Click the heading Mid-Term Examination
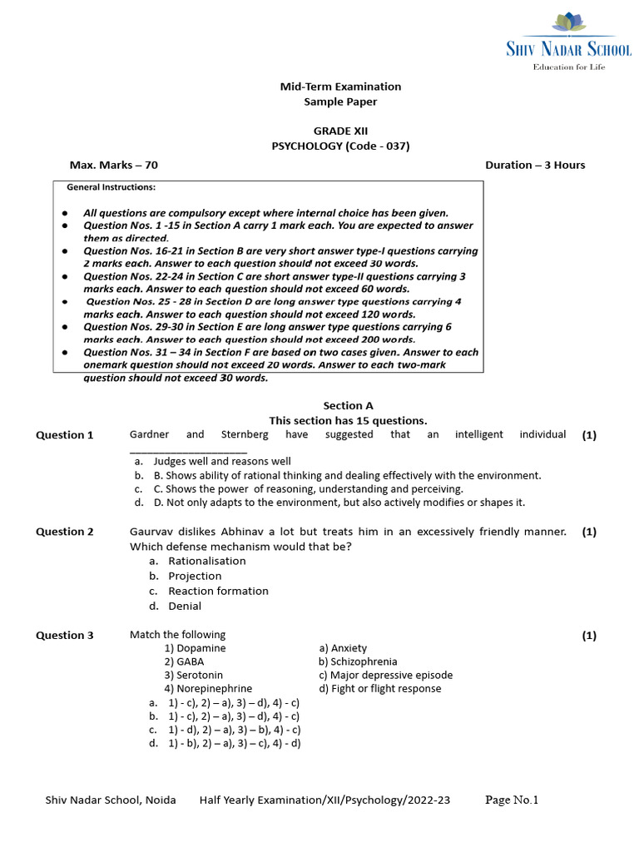[x=339, y=87]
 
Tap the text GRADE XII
[x=340, y=131]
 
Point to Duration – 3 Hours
[x=535, y=165]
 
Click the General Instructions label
[x=111, y=187]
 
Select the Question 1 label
[x=65, y=435]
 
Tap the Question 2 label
[x=65, y=532]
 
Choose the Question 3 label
[x=65, y=636]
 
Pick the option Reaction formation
[x=218, y=591]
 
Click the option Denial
[x=185, y=606]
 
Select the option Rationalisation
[x=207, y=561]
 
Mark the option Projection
[x=195, y=576]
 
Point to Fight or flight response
[x=379, y=688]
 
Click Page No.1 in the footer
[x=512, y=800]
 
